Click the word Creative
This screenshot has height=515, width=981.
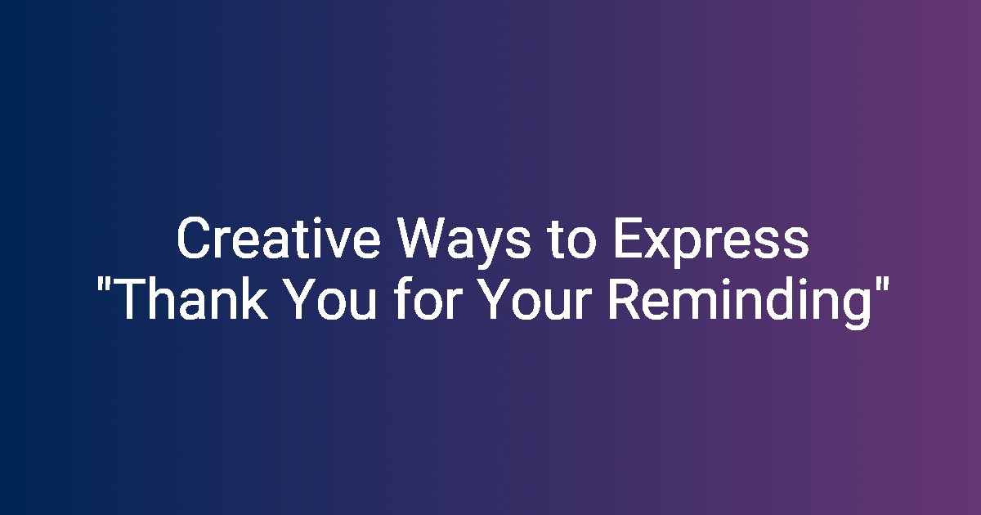[x=278, y=239]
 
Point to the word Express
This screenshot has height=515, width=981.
[x=710, y=242]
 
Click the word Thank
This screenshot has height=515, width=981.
[x=191, y=299]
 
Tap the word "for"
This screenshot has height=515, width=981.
[x=433, y=298]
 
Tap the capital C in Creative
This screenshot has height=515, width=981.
[x=193, y=239]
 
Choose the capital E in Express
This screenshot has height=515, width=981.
[x=628, y=239]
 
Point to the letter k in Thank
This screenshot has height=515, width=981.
[x=254, y=298]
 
